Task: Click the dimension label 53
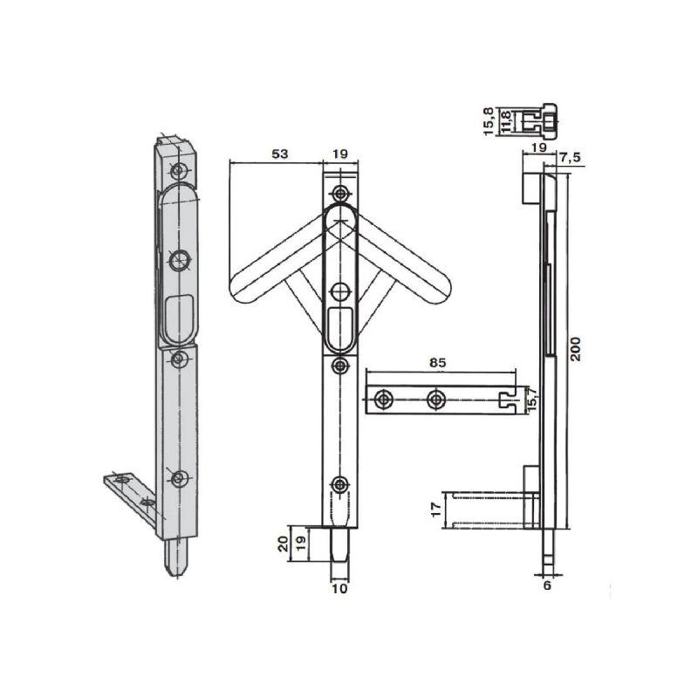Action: (x=279, y=154)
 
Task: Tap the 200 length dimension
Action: (x=576, y=349)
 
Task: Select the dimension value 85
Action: (x=438, y=363)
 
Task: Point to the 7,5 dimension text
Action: (x=571, y=158)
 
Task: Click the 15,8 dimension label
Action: (x=489, y=121)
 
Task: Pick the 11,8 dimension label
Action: (x=505, y=121)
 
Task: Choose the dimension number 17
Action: (x=437, y=510)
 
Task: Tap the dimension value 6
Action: (x=547, y=585)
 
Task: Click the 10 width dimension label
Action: (x=339, y=588)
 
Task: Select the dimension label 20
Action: (x=284, y=544)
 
